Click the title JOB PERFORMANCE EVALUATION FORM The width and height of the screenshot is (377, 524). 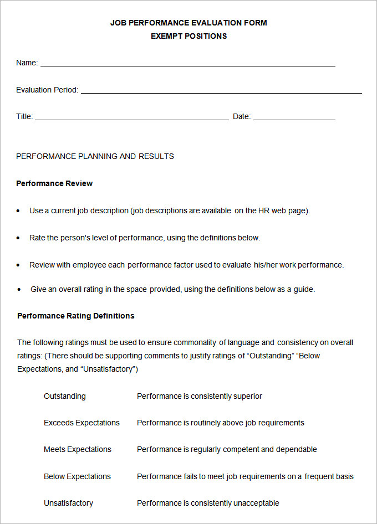tap(188, 23)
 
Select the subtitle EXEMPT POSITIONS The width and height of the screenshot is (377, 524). tap(188, 36)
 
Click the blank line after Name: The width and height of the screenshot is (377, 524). tap(187, 65)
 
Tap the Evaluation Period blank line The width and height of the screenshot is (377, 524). tap(221, 92)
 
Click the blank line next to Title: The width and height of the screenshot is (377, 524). tap(131, 119)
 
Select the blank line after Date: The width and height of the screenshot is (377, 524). tap(294, 119)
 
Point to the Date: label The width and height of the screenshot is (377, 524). tap(242, 117)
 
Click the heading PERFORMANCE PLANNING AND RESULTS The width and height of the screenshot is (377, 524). tap(95, 156)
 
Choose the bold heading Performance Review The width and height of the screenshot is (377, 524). tap(54, 183)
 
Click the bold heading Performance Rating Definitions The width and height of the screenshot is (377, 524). tap(75, 316)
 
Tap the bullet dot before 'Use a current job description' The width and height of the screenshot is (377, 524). tap(18, 211)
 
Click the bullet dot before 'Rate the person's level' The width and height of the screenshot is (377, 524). tap(18, 238)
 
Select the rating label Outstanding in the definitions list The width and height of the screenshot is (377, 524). tap(65, 396)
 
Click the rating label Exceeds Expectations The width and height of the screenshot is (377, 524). tap(81, 423)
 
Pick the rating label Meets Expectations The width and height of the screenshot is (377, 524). tap(78, 449)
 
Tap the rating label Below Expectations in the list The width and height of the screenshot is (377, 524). tap(77, 476)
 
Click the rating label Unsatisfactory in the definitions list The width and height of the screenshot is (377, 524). tap(68, 503)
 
